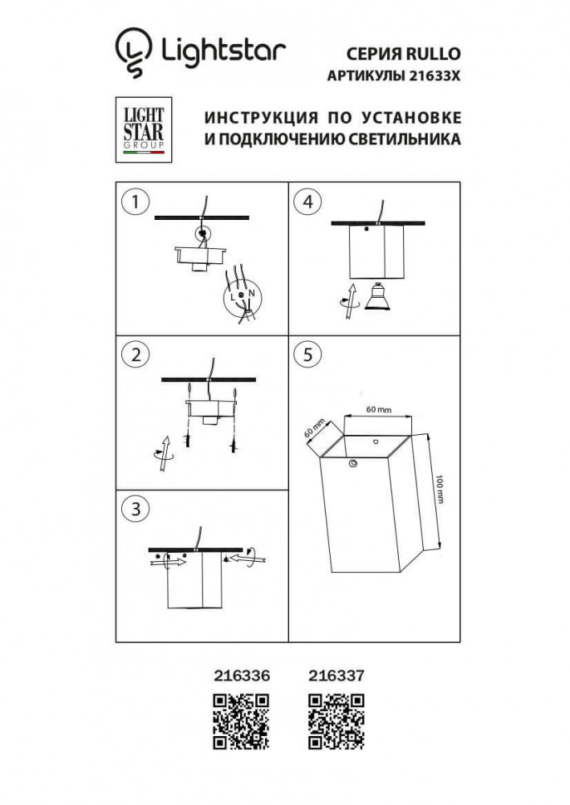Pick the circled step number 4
(x=308, y=201)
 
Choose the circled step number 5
(x=308, y=354)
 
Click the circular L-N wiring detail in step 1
(x=242, y=296)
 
